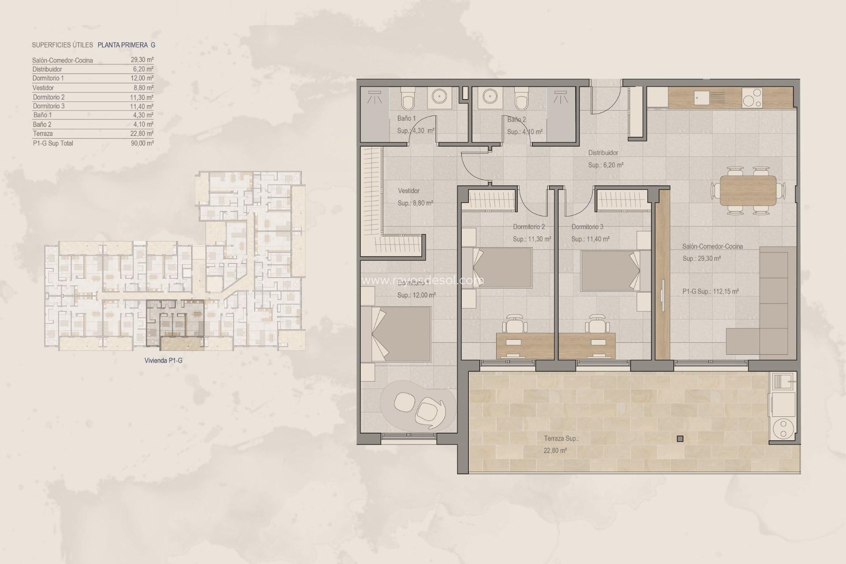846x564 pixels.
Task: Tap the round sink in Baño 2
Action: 490,96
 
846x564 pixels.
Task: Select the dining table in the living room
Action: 748,190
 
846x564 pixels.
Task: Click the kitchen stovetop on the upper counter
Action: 752,98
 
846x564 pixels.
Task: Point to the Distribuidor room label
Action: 603,153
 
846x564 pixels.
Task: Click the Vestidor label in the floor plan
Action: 408,191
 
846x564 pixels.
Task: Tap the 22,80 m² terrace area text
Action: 555,450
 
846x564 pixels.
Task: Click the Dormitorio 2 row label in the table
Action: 48,97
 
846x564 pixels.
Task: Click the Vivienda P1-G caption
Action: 163,360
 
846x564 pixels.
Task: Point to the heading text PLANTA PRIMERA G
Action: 126,45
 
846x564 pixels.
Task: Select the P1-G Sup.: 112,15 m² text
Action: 710,291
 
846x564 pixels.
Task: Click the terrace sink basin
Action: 783,380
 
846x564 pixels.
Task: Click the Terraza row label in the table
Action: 43,134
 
